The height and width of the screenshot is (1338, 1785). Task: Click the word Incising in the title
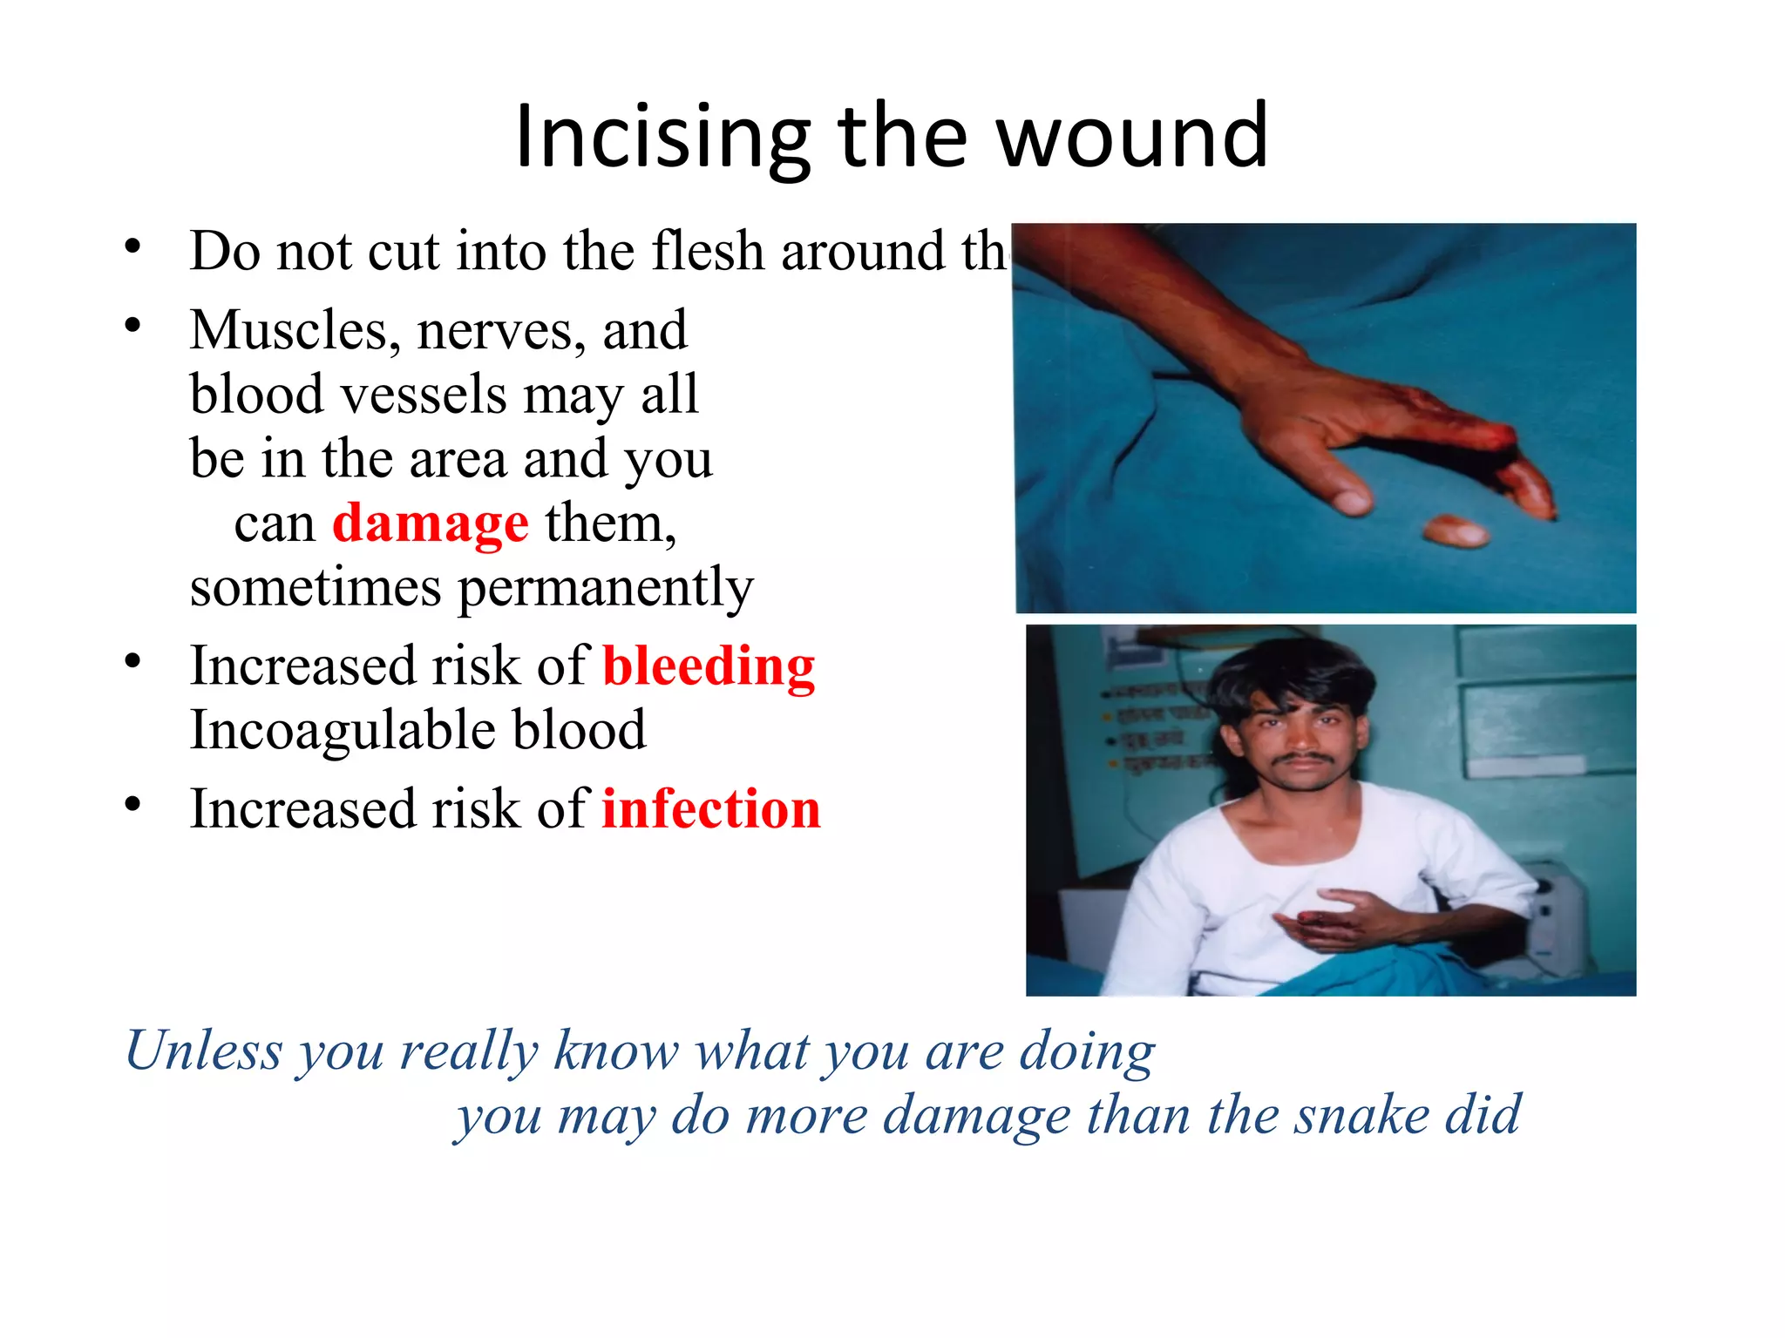[662, 138]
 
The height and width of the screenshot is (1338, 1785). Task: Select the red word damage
[431, 524]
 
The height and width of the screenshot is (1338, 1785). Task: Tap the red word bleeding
[709, 667]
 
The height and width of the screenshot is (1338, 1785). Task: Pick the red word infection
[711, 809]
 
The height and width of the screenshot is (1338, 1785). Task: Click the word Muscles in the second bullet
[295, 331]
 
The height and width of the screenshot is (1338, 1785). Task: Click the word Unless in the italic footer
[204, 1051]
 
